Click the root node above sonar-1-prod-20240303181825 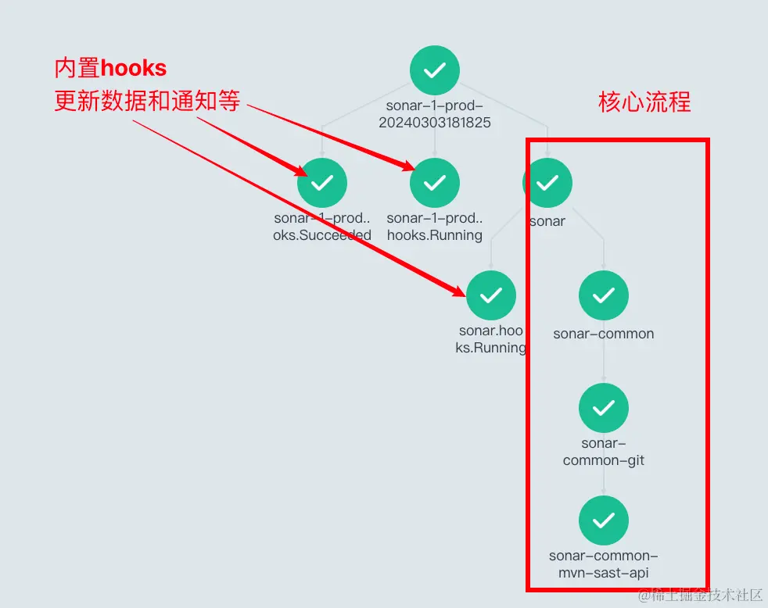[x=435, y=70]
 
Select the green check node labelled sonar [x=547, y=183]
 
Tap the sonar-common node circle [x=604, y=295]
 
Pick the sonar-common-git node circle [x=604, y=408]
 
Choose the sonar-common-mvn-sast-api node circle [x=604, y=520]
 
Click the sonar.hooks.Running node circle [x=491, y=295]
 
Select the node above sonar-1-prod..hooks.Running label [x=435, y=183]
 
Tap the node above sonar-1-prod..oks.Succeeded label [x=322, y=183]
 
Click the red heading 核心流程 [x=644, y=102]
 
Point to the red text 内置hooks [x=110, y=68]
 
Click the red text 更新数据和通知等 [x=147, y=101]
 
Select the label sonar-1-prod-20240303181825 [x=435, y=114]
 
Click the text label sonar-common [x=604, y=334]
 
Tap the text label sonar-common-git [x=604, y=452]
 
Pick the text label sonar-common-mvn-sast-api [x=604, y=564]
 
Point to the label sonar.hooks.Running [x=491, y=339]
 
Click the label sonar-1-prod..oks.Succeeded [x=322, y=227]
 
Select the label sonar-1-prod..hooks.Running [x=435, y=227]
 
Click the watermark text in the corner [x=700, y=595]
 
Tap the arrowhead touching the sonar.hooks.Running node [x=461, y=291]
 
